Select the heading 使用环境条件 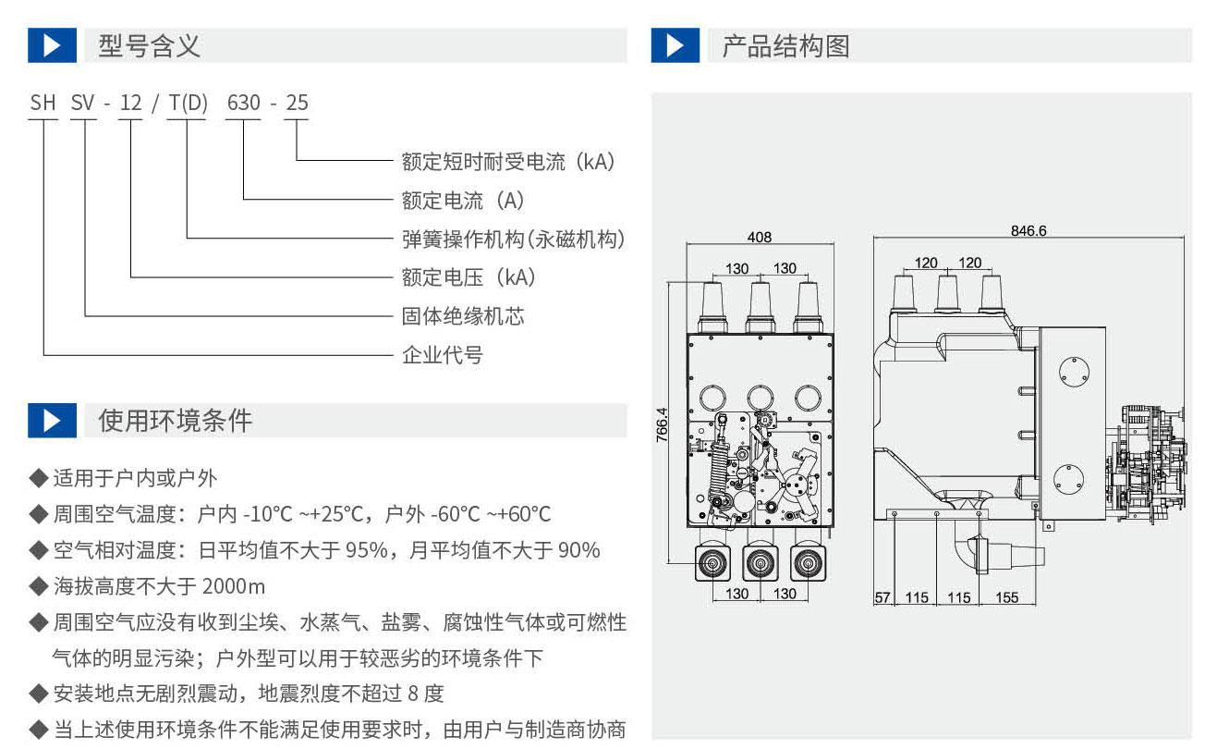point(175,421)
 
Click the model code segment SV point(83,103)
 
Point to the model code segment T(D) point(188,103)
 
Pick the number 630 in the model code point(244,103)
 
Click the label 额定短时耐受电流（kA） point(508,161)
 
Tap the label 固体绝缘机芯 point(462,316)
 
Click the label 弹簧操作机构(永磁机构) point(513,239)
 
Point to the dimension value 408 point(759,238)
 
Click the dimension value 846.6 point(1029,231)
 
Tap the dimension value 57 point(882,597)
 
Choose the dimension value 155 point(1007,597)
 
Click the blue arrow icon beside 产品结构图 point(675,45)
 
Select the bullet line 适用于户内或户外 point(135,478)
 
